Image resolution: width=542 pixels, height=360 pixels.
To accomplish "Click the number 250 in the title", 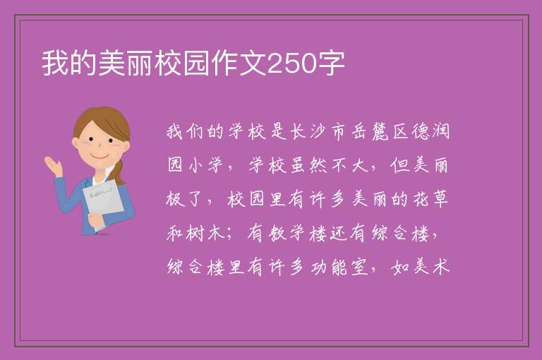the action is pyautogui.click(x=292, y=64).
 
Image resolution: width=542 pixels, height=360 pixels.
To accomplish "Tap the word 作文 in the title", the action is pyautogui.click(x=239, y=64).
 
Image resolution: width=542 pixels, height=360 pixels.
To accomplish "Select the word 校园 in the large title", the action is pyautogui.click(x=183, y=64).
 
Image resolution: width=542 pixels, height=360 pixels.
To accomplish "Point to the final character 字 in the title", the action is pyautogui.click(x=331, y=64).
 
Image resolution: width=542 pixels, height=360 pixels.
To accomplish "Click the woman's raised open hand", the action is pyautogui.click(x=53, y=165).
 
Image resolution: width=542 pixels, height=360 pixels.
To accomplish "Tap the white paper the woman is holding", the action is pyautogui.click(x=103, y=200).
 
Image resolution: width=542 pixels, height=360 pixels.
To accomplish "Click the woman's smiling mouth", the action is pyautogui.click(x=100, y=157).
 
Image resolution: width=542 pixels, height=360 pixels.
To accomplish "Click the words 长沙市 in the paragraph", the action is pyautogui.click(x=311, y=131).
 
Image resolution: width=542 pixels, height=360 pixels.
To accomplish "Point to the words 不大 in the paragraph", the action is pyautogui.click(x=350, y=165).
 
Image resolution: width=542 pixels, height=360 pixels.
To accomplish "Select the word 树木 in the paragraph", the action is pyautogui.click(x=206, y=233).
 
